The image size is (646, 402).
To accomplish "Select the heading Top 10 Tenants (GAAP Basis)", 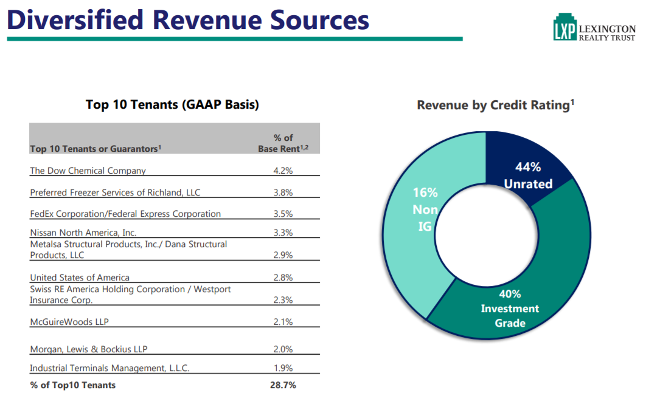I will tap(172, 104).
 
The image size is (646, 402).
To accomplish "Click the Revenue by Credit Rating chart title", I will tap(495, 105).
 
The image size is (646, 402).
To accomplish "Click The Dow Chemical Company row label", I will tap(88, 171).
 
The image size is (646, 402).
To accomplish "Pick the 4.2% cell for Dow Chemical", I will tap(283, 171).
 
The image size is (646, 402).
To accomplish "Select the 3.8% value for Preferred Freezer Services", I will tap(283, 192).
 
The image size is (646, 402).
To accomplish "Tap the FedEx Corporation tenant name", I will tap(125, 214).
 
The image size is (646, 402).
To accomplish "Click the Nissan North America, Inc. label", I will tap(83, 233).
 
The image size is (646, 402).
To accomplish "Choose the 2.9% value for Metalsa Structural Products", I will tap(283, 255).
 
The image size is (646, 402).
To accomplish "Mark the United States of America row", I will tap(80, 278).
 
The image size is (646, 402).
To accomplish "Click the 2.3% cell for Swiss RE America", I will tap(283, 300).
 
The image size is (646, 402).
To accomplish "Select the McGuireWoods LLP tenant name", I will tap(69, 322).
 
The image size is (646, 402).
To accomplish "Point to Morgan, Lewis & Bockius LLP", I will tap(89, 349).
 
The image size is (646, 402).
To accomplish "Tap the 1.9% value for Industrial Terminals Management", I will tap(283, 368).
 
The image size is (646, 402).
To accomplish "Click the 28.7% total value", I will tap(283, 385).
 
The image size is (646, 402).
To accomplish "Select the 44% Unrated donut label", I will tap(528, 175).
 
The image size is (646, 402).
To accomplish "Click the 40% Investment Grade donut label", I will tap(510, 308).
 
